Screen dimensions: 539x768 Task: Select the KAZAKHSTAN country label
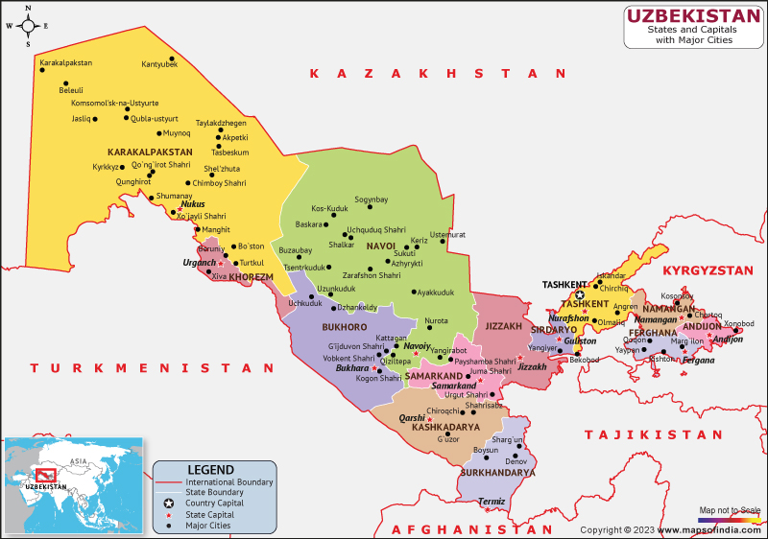click(x=425, y=73)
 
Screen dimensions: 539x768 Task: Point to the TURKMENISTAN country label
click(x=152, y=367)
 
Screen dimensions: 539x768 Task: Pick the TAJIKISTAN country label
click(x=654, y=434)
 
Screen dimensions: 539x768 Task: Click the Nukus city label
click(x=194, y=204)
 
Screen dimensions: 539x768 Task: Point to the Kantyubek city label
click(x=159, y=64)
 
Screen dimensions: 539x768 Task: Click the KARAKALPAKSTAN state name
click(x=150, y=152)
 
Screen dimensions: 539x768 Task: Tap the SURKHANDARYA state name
click(x=496, y=473)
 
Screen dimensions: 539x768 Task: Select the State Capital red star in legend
click(x=168, y=515)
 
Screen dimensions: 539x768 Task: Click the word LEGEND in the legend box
click(x=210, y=469)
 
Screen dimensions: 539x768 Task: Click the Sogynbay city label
click(x=371, y=199)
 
